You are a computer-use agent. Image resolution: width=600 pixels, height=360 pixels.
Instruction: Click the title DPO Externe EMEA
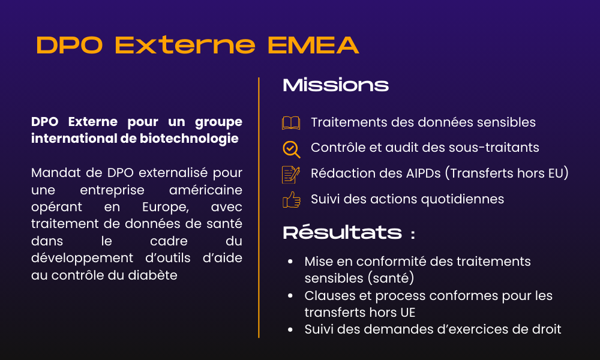point(197,45)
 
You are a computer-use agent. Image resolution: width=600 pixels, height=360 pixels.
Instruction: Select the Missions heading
point(335,85)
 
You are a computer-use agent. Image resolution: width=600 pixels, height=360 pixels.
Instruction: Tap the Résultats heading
point(342,233)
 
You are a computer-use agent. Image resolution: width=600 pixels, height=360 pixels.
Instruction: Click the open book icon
point(291,123)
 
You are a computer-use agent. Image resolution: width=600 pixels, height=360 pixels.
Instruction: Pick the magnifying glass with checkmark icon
point(291,148)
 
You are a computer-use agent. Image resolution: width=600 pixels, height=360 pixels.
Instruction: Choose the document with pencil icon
point(291,174)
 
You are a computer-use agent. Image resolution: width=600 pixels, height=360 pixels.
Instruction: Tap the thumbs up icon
point(291,199)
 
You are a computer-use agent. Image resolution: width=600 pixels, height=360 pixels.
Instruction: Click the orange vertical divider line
point(259,207)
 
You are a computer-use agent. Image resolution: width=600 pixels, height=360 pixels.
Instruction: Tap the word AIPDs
point(423,173)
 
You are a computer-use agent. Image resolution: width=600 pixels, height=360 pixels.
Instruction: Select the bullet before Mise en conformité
point(290,262)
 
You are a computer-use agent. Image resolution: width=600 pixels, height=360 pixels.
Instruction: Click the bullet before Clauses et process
point(290,296)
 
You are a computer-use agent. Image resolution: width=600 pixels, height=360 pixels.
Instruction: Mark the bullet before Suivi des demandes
point(290,329)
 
